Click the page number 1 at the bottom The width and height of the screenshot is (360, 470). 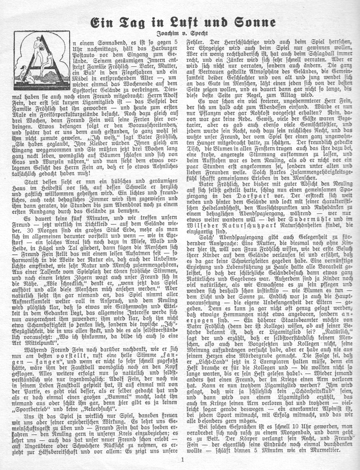182,461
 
